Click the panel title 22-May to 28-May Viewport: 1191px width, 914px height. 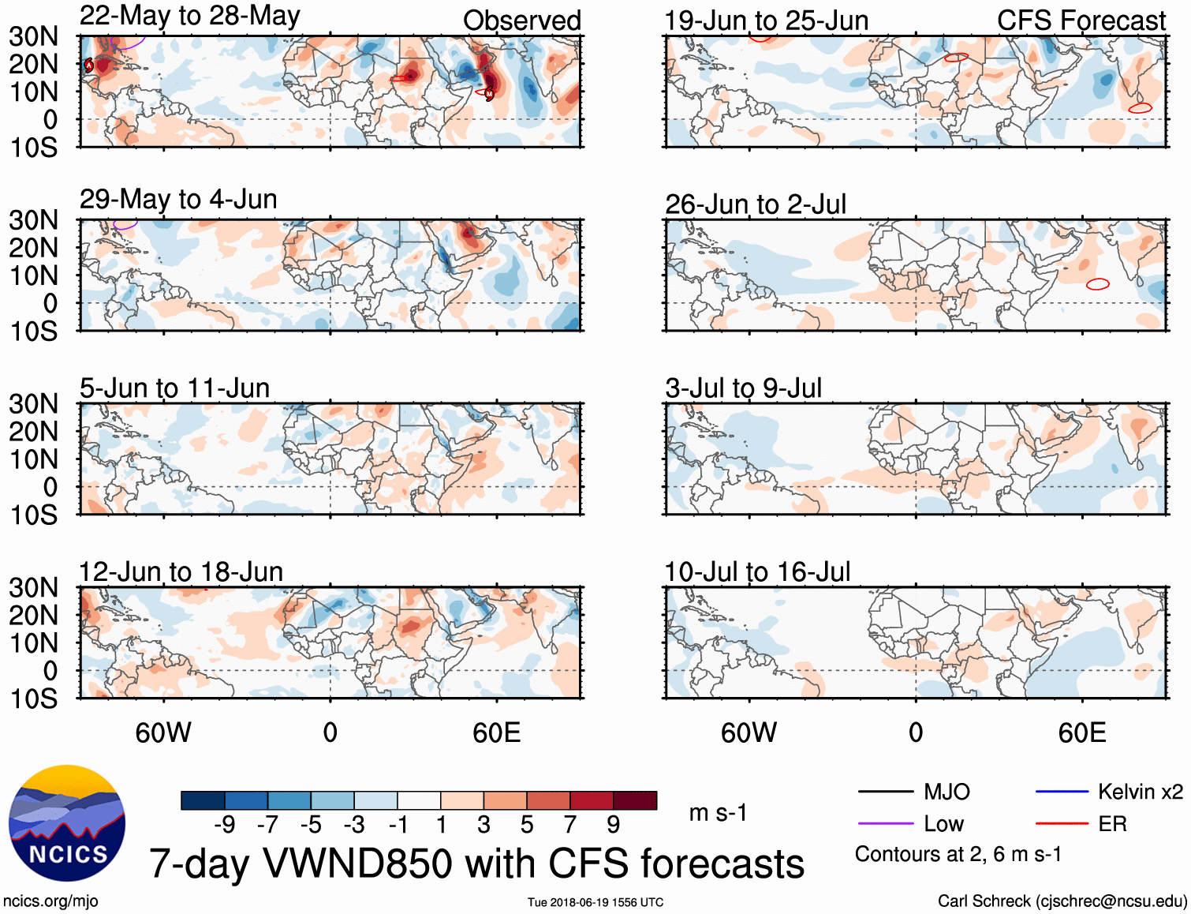[189, 17]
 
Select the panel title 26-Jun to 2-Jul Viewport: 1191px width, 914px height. [755, 204]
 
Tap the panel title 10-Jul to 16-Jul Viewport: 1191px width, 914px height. [757, 572]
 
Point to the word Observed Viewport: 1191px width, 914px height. [521, 21]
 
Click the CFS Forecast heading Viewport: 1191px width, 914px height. [1081, 21]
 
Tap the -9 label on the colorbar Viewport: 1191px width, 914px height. [224, 825]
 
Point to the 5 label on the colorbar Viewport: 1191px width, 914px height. [527, 825]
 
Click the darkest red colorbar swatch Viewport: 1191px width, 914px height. [635, 800]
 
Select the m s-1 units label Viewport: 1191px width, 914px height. [718, 813]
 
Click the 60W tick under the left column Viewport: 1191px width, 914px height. [163, 732]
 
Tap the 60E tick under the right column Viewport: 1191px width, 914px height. [1081, 732]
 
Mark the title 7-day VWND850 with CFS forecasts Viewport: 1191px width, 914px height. [476, 863]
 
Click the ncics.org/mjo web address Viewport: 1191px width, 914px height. [50, 901]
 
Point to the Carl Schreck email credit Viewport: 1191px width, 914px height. [1062, 901]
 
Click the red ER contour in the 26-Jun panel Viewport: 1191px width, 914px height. [1098, 284]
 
